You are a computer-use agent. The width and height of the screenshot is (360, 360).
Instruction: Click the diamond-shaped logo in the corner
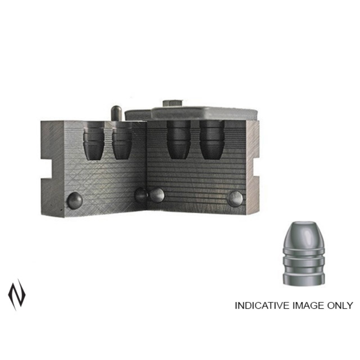tap(17, 295)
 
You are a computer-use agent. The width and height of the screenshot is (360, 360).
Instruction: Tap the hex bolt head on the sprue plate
tap(172, 103)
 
